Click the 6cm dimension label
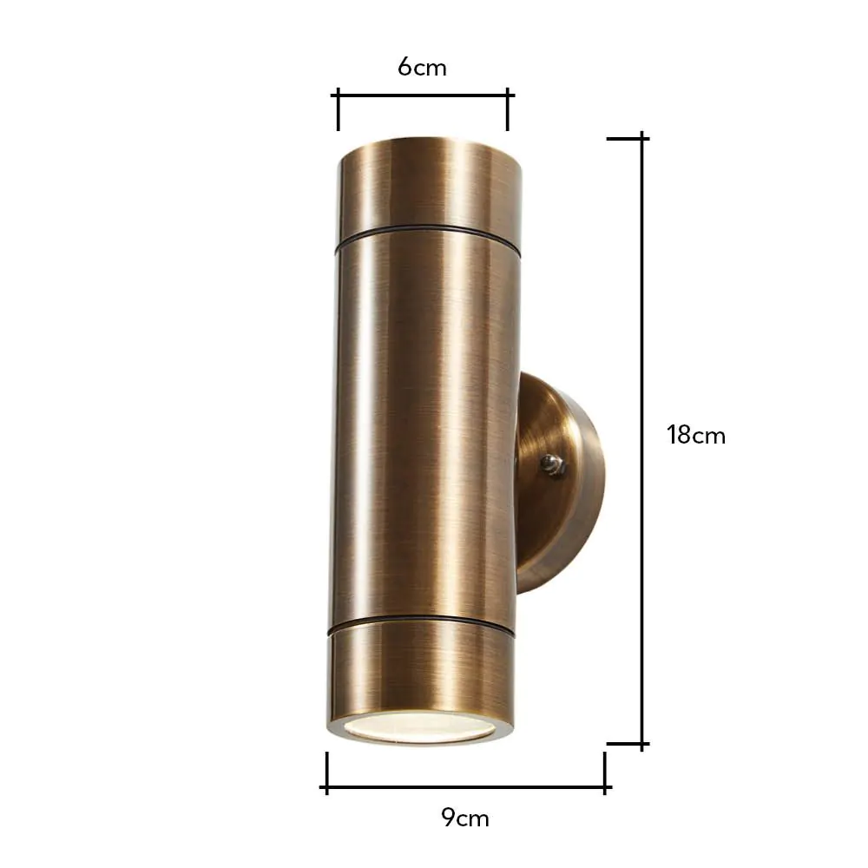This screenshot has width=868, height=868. (x=423, y=67)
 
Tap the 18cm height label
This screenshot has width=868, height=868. (x=695, y=435)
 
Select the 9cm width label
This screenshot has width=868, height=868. (x=465, y=818)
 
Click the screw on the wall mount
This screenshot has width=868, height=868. (x=550, y=466)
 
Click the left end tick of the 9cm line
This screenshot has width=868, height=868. (x=326, y=772)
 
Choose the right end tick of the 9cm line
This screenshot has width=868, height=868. (x=605, y=772)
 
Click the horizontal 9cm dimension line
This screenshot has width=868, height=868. (x=465, y=788)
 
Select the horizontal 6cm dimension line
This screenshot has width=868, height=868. (x=423, y=95)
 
